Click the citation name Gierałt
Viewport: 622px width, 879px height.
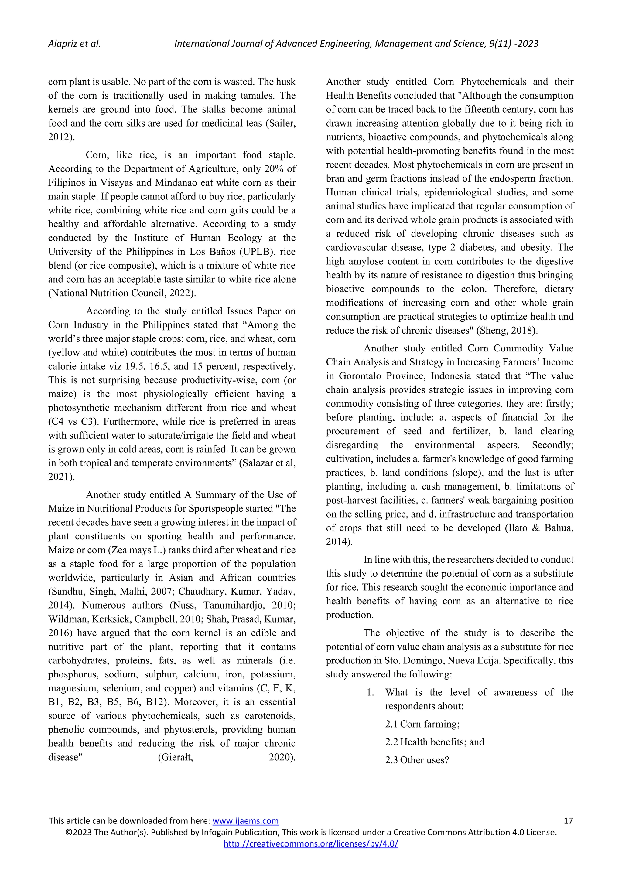pos(176,757)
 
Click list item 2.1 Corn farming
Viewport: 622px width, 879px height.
pos(422,724)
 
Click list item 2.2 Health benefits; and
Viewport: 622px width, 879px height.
pos(434,742)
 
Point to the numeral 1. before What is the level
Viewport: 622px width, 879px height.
pos(370,692)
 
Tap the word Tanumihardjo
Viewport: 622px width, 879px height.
pos(233,605)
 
